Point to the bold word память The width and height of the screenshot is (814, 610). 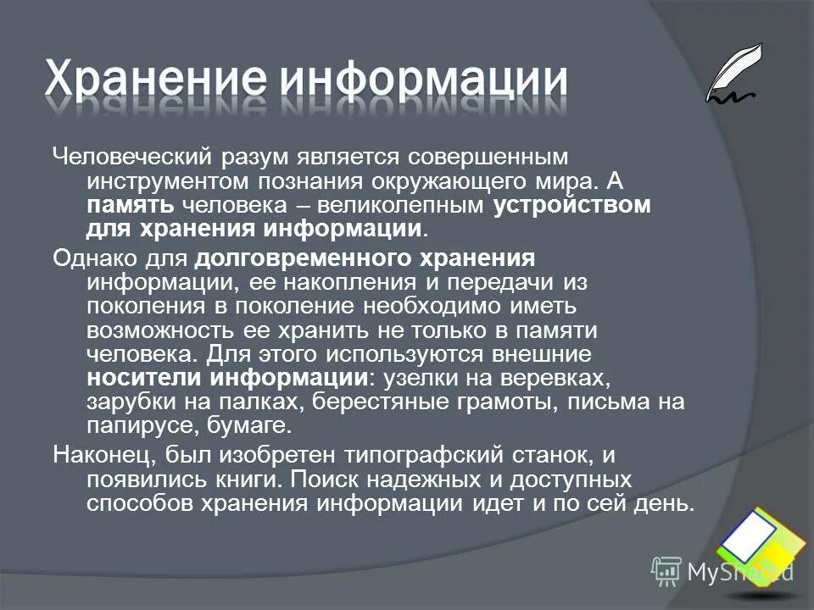[x=131, y=206]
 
